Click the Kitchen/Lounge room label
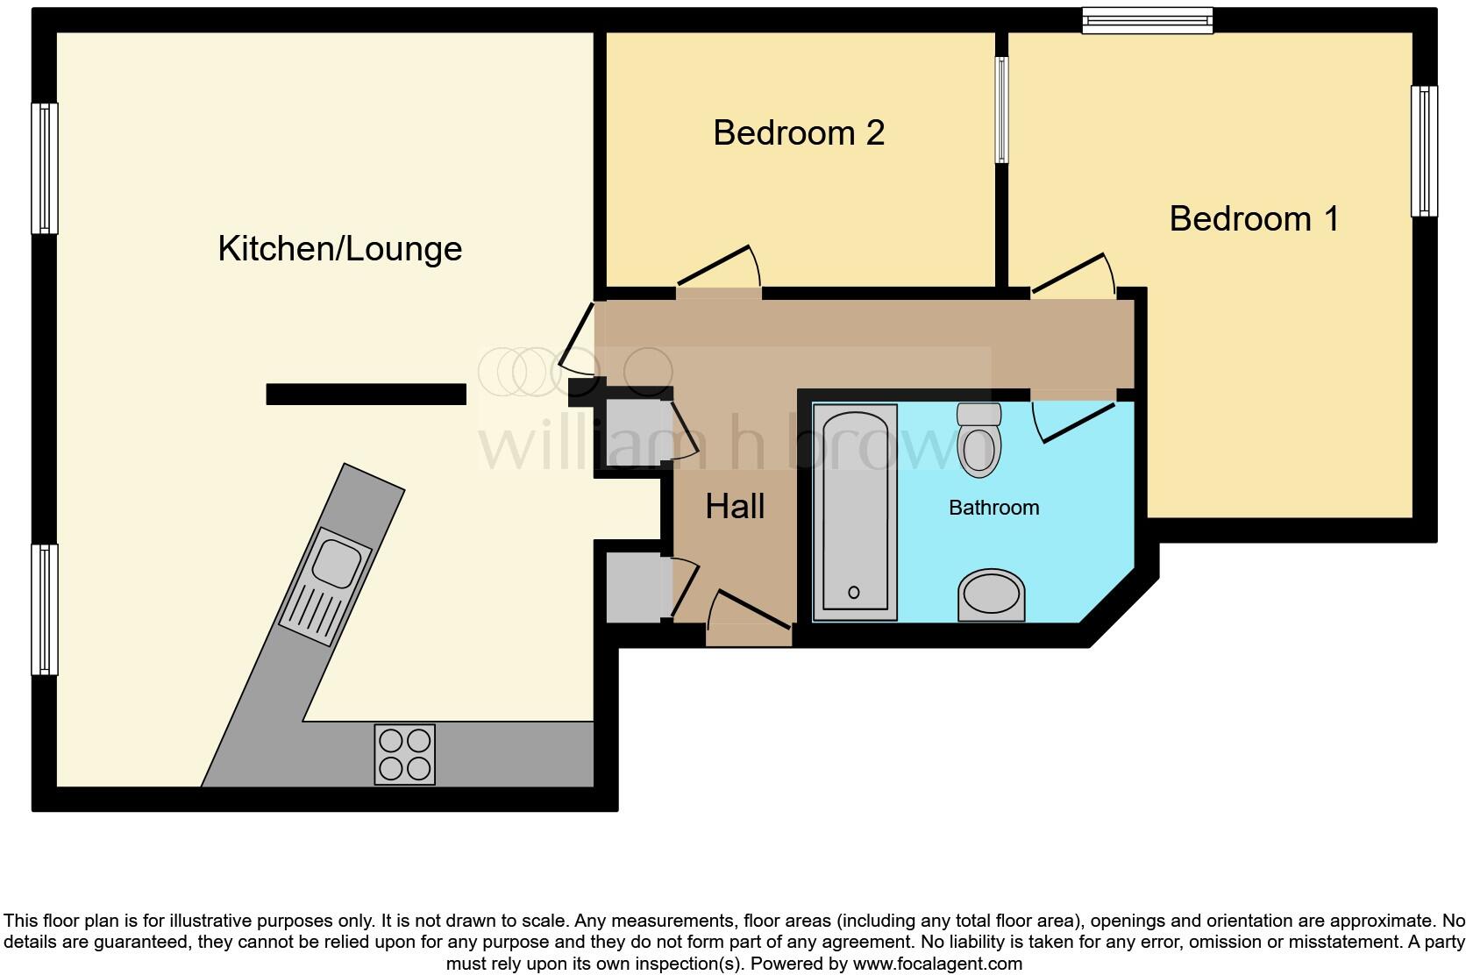[339, 249]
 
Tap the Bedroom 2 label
[798, 133]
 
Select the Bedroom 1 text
[1254, 219]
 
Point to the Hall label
[735, 507]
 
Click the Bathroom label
[993, 508]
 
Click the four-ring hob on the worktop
[405, 754]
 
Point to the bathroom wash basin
[992, 596]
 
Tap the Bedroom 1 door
[1071, 274]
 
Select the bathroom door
[1074, 422]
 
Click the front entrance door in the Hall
[750, 610]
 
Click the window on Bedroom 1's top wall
[1147, 20]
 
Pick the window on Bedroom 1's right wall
[1424, 151]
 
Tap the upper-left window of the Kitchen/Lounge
[45, 168]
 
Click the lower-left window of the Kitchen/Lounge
[45, 609]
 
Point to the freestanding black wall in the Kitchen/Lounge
[366, 395]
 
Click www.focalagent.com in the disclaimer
[937, 964]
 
